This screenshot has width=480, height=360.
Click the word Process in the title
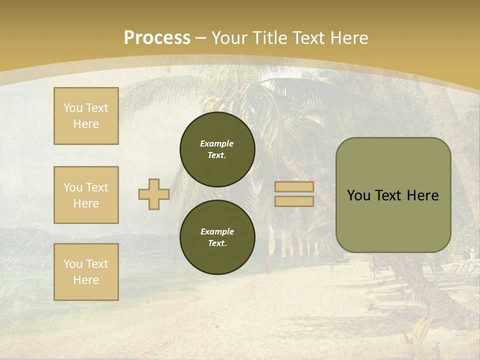pos(157,38)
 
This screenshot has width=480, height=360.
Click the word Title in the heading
pos(270,38)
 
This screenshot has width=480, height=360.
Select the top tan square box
pos(86,116)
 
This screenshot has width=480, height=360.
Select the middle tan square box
pos(86,195)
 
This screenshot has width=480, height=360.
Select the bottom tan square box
pos(86,272)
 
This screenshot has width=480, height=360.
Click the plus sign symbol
pos(154,194)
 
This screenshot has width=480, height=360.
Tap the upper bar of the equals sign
pos(294,187)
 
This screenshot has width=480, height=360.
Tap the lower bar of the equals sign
pos(294,201)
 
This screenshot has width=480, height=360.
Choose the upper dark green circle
pos(217,149)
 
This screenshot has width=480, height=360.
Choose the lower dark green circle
pos(217,237)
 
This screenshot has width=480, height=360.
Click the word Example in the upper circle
pos(217,143)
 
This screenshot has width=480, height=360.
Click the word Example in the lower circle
pos(217,231)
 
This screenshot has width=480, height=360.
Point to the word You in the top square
pos(72,108)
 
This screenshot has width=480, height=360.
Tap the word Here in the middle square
pos(86,203)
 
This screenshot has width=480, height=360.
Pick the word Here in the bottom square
pos(86,280)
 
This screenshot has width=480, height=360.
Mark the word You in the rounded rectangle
pos(358,195)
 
